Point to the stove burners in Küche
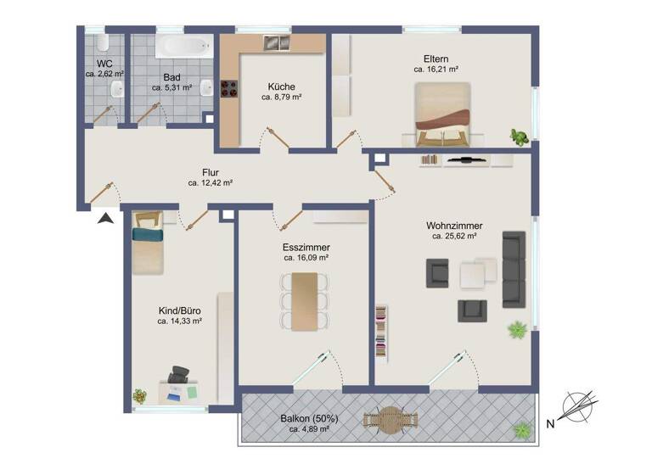pyautogui.click(x=229, y=89)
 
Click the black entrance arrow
pyautogui.click(x=105, y=219)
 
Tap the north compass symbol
pyautogui.click(x=579, y=407)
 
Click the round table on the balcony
pyautogui.click(x=390, y=420)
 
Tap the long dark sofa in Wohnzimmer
pyautogui.click(x=514, y=269)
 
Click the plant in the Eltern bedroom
pyautogui.click(x=517, y=137)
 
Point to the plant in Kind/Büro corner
pyautogui.click(x=139, y=395)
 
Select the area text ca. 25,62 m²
pyautogui.click(x=454, y=237)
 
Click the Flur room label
pyautogui.click(x=211, y=171)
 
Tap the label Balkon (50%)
pyautogui.click(x=309, y=418)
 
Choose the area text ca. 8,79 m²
pyautogui.click(x=282, y=98)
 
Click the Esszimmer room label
pyautogui.click(x=306, y=247)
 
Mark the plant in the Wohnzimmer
pyautogui.click(x=516, y=329)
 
